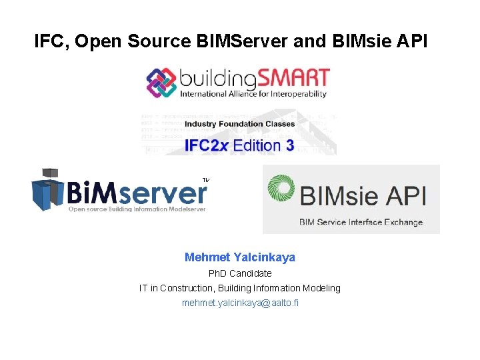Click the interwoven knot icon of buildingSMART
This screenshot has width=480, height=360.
(161, 83)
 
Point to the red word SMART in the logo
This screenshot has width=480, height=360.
(293, 78)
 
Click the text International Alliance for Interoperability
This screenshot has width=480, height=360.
(253, 94)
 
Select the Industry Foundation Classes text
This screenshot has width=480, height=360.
(239, 124)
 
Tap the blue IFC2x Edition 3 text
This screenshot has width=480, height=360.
(239, 145)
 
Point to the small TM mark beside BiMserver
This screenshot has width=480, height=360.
(206, 179)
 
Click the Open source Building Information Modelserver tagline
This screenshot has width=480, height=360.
(137, 209)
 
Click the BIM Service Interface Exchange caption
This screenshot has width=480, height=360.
(361, 222)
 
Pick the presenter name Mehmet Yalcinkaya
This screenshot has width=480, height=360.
(240, 257)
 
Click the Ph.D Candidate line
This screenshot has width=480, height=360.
(240, 273)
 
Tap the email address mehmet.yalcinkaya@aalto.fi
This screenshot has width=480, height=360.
(240, 303)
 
